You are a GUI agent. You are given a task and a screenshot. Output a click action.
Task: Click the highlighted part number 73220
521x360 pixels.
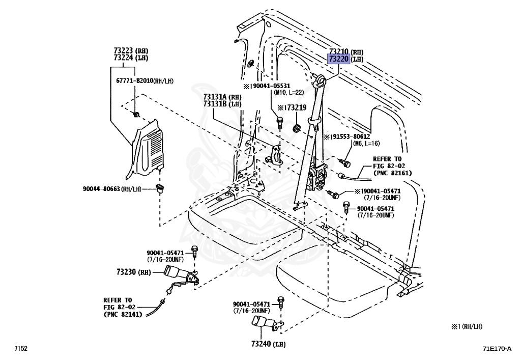pyautogui.click(x=338, y=59)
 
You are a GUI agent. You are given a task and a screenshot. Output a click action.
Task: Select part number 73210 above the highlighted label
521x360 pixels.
pyautogui.click(x=338, y=52)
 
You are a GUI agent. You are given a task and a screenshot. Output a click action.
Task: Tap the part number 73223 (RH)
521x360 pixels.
pyautogui.click(x=124, y=51)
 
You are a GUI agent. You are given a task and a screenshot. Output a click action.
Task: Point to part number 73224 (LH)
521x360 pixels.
pyautogui.click(x=124, y=58)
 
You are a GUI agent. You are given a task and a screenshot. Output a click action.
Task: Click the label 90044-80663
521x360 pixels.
pyautogui.click(x=101, y=189)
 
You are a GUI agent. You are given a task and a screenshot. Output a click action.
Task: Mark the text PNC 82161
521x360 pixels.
pyautogui.click(x=392, y=173)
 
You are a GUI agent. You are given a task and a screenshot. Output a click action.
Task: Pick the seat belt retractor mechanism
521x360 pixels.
pyautogui.click(x=321, y=176)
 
